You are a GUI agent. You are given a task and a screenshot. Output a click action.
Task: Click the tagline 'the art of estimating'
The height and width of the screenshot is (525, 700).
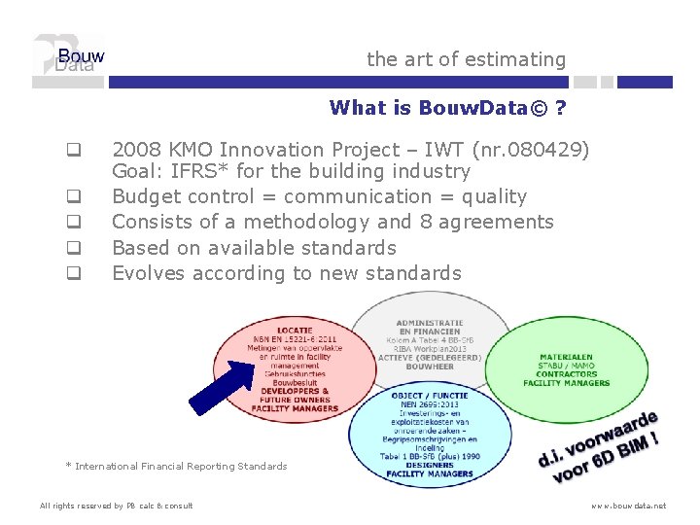(466, 59)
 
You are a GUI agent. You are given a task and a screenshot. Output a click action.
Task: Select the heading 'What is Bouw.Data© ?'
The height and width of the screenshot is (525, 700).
(448, 107)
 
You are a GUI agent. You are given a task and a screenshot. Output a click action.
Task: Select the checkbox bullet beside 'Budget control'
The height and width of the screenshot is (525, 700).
(72, 197)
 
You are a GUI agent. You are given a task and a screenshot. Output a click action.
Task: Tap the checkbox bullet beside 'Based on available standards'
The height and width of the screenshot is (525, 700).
(72, 248)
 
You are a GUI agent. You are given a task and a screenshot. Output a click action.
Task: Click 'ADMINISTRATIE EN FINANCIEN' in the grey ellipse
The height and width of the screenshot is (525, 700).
(429, 327)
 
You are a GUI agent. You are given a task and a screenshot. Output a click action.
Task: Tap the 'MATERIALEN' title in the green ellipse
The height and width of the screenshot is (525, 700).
(566, 357)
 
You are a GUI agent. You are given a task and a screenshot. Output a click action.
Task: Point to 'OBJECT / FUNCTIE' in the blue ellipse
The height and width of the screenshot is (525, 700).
(429, 396)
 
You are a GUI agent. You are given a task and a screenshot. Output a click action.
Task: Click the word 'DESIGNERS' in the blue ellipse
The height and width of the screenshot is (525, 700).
(430, 465)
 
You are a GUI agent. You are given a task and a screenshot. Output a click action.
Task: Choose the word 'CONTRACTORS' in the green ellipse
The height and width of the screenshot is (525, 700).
(566, 374)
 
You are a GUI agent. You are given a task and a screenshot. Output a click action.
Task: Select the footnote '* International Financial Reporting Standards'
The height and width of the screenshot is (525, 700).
(176, 467)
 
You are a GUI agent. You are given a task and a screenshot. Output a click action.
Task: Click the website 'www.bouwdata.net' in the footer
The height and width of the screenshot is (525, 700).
(630, 506)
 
